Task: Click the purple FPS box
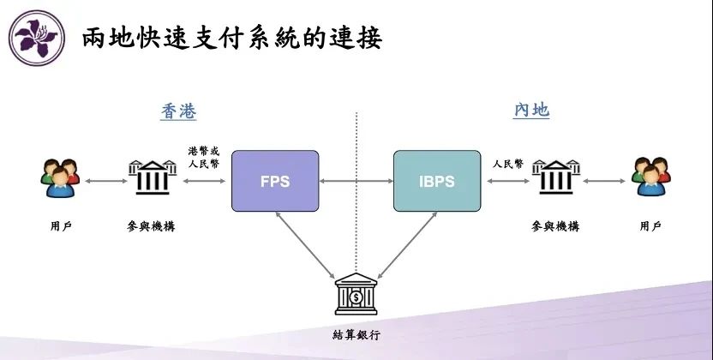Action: click(275, 181)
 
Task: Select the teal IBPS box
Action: click(437, 181)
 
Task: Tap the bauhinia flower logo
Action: click(37, 39)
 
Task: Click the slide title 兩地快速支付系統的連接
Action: click(232, 38)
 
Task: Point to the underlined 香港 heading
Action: click(179, 111)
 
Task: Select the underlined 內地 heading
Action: click(531, 110)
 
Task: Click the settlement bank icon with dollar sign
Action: click(356, 294)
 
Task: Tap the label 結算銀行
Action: click(356, 335)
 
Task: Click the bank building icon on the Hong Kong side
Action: click(153, 177)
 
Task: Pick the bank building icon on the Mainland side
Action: click(555, 177)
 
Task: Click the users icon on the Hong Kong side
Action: click(60, 178)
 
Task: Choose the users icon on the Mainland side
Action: click(651, 177)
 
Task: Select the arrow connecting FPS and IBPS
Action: click(356, 181)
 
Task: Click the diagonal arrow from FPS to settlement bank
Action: click(305, 245)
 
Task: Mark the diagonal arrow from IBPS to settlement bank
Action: click(407, 245)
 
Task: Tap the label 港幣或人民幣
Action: click(204, 157)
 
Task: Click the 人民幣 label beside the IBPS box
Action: click(508, 164)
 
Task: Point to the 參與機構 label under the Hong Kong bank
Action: click(151, 226)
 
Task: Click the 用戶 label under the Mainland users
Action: click(650, 226)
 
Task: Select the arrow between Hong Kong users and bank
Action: click(106, 181)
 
